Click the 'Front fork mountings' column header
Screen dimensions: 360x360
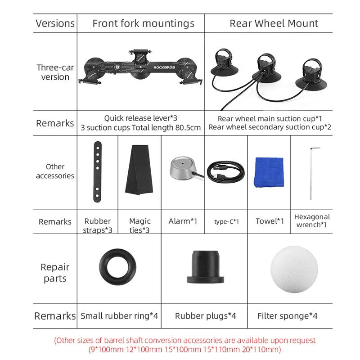pyautogui.click(x=143, y=23)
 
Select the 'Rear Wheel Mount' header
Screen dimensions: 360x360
pyautogui.click(x=274, y=23)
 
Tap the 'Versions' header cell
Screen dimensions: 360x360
pyautogui.click(x=55, y=23)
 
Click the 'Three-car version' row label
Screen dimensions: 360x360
pyautogui.click(x=55, y=72)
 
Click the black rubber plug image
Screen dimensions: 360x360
pyautogui.click(x=205, y=266)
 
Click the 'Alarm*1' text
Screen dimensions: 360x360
pyautogui.click(x=183, y=221)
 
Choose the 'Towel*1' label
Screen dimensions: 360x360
pyautogui.click(x=270, y=221)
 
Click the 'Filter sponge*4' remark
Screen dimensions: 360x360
pyautogui.click(x=287, y=316)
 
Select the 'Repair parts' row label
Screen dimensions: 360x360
pyautogui.click(x=55, y=273)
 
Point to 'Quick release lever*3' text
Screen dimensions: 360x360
pyautogui.click(x=140, y=118)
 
